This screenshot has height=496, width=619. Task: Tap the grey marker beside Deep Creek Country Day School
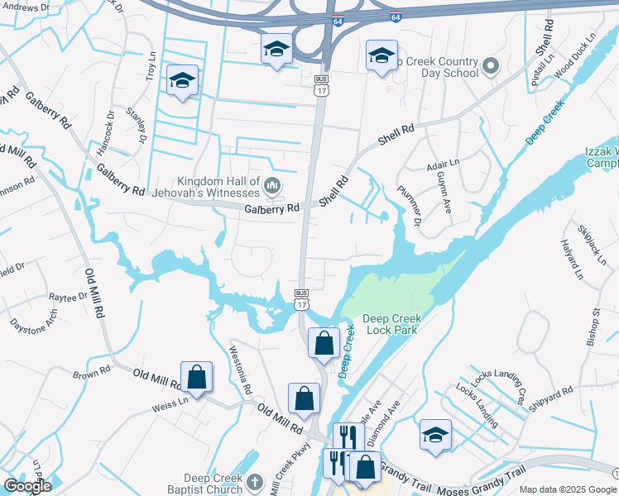(490, 65)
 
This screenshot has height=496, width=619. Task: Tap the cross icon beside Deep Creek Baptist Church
(255, 481)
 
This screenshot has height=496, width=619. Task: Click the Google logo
(26, 486)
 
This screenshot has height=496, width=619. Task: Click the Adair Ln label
(443, 165)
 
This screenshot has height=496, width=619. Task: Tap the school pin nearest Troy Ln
(182, 81)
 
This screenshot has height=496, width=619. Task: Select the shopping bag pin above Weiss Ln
(197, 377)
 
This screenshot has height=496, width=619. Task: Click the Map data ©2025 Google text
(568, 489)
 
